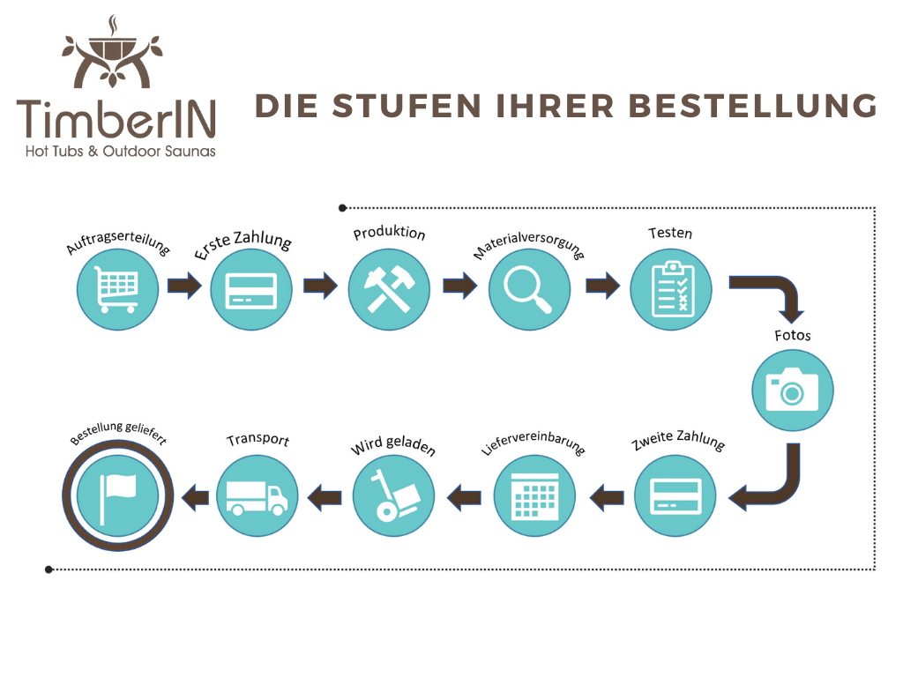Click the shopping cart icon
pyautogui.click(x=117, y=288)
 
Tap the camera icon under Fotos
pyautogui.click(x=792, y=389)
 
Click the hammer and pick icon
pyautogui.click(x=389, y=288)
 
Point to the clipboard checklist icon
pyautogui.click(x=670, y=288)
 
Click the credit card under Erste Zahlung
pyautogui.click(x=251, y=288)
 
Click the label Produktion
pyautogui.click(x=389, y=234)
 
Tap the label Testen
pyautogui.click(x=670, y=234)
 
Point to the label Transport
pyautogui.click(x=257, y=439)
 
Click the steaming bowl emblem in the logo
pyautogui.click(x=112, y=48)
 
